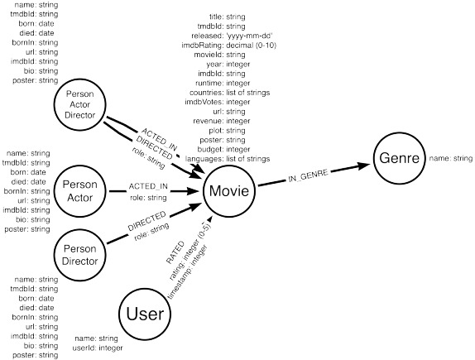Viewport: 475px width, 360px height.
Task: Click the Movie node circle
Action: coord(228,192)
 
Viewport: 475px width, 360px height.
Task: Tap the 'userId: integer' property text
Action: coord(98,348)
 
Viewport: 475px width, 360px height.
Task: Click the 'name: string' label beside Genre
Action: coord(450,157)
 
